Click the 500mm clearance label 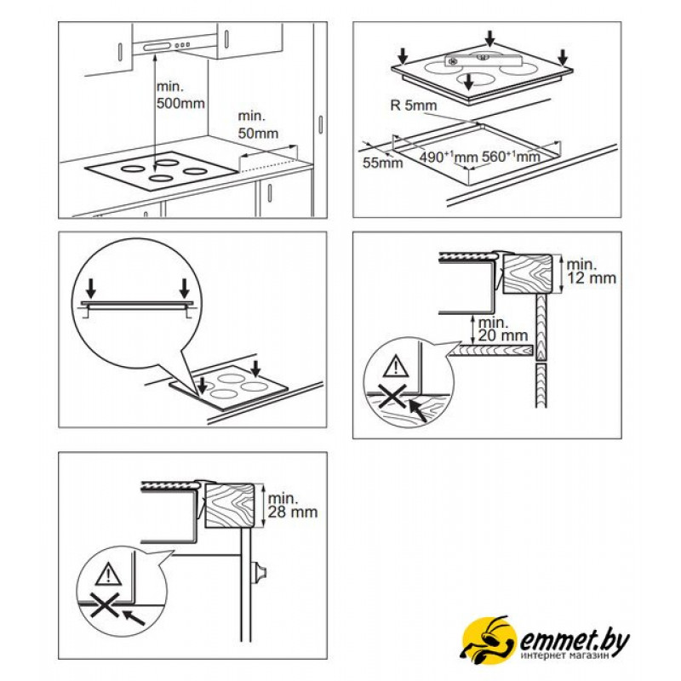(180, 94)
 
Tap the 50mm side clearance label (258, 124)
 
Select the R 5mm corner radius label (414, 106)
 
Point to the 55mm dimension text (382, 163)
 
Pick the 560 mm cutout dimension (512, 157)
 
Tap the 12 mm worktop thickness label (591, 271)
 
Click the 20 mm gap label (502, 329)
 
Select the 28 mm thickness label (292, 505)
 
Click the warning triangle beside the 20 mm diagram (396, 366)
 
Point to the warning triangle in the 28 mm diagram (108, 574)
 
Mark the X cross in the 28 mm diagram (105, 604)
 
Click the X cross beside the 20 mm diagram (392, 396)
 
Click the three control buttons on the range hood (182, 45)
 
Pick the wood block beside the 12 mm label (527, 274)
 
